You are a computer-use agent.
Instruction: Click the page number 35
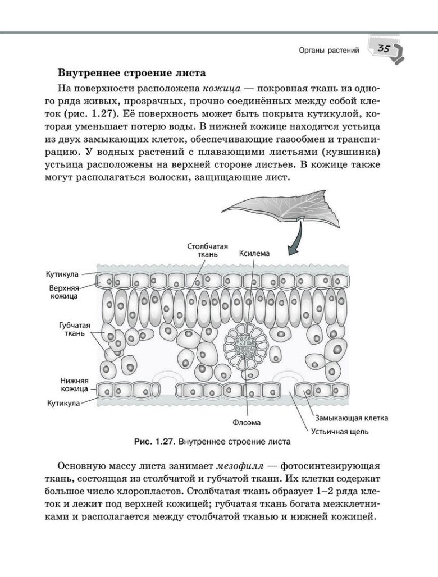pos(385,49)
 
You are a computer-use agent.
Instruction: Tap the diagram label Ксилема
pos(254,253)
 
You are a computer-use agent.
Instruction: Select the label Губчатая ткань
pos(74,329)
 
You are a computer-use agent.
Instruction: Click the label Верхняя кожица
pos(63,291)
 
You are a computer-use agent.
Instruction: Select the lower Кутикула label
pos(62,402)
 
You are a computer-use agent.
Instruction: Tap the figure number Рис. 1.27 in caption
pos(154,442)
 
